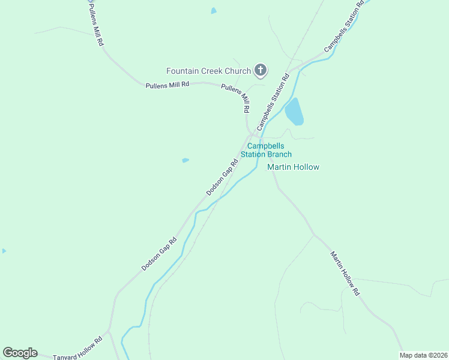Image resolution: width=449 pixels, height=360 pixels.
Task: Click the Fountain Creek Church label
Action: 208,71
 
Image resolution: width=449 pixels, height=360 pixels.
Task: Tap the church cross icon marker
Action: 261,71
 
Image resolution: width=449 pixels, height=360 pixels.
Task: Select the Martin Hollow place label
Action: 293,167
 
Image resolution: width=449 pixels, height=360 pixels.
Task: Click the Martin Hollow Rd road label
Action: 345,273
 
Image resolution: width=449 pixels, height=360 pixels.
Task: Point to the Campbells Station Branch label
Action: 266,150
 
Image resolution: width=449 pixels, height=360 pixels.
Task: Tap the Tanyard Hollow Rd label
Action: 78,348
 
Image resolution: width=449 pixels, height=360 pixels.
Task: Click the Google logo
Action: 20,353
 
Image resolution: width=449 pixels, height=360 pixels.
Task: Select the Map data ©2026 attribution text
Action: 423,355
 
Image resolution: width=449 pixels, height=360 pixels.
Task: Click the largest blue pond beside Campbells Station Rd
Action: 294,112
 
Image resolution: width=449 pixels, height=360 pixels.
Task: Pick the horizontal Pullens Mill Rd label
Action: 167,85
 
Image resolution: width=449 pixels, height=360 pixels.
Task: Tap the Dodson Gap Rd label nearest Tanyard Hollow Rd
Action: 159,253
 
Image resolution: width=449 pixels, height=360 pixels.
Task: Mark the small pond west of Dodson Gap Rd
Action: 185,160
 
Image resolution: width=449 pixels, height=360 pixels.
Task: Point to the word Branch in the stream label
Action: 280,154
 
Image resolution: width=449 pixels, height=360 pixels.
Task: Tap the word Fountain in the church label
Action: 183,71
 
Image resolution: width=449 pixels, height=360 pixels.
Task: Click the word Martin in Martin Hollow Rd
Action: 336,260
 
